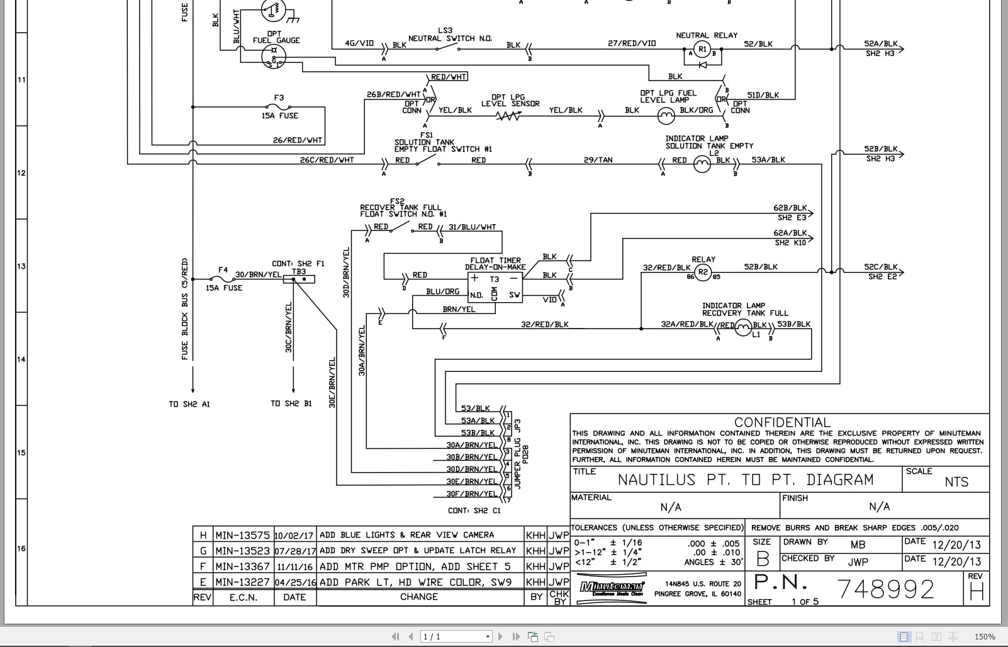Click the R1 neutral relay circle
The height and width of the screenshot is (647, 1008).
[702, 49]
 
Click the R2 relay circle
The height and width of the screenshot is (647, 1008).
[703, 273]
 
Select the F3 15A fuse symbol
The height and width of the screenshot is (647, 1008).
[279, 107]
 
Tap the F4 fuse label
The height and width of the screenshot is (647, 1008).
[223, 270]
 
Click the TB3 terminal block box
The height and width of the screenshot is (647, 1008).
[299, 279]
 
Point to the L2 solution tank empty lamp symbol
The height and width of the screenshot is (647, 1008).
[702, 164]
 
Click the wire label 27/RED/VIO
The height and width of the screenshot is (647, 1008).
[631, 43]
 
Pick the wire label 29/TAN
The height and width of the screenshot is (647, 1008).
[598, 160]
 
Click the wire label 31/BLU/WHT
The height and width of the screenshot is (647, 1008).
[472, 227]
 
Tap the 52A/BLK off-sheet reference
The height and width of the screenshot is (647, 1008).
[880, 44]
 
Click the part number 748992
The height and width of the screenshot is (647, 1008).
[886, 589]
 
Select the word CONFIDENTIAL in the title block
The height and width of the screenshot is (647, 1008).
[782, 422]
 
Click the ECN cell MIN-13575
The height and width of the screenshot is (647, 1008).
[242, 535]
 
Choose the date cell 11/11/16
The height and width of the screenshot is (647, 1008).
[294, 566]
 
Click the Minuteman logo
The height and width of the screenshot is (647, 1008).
[611, 588]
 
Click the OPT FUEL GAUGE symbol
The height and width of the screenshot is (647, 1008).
[274, 57]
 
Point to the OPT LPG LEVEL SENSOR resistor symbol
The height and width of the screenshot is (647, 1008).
[508, 116]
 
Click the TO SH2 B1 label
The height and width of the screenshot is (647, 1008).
[291, 403]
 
